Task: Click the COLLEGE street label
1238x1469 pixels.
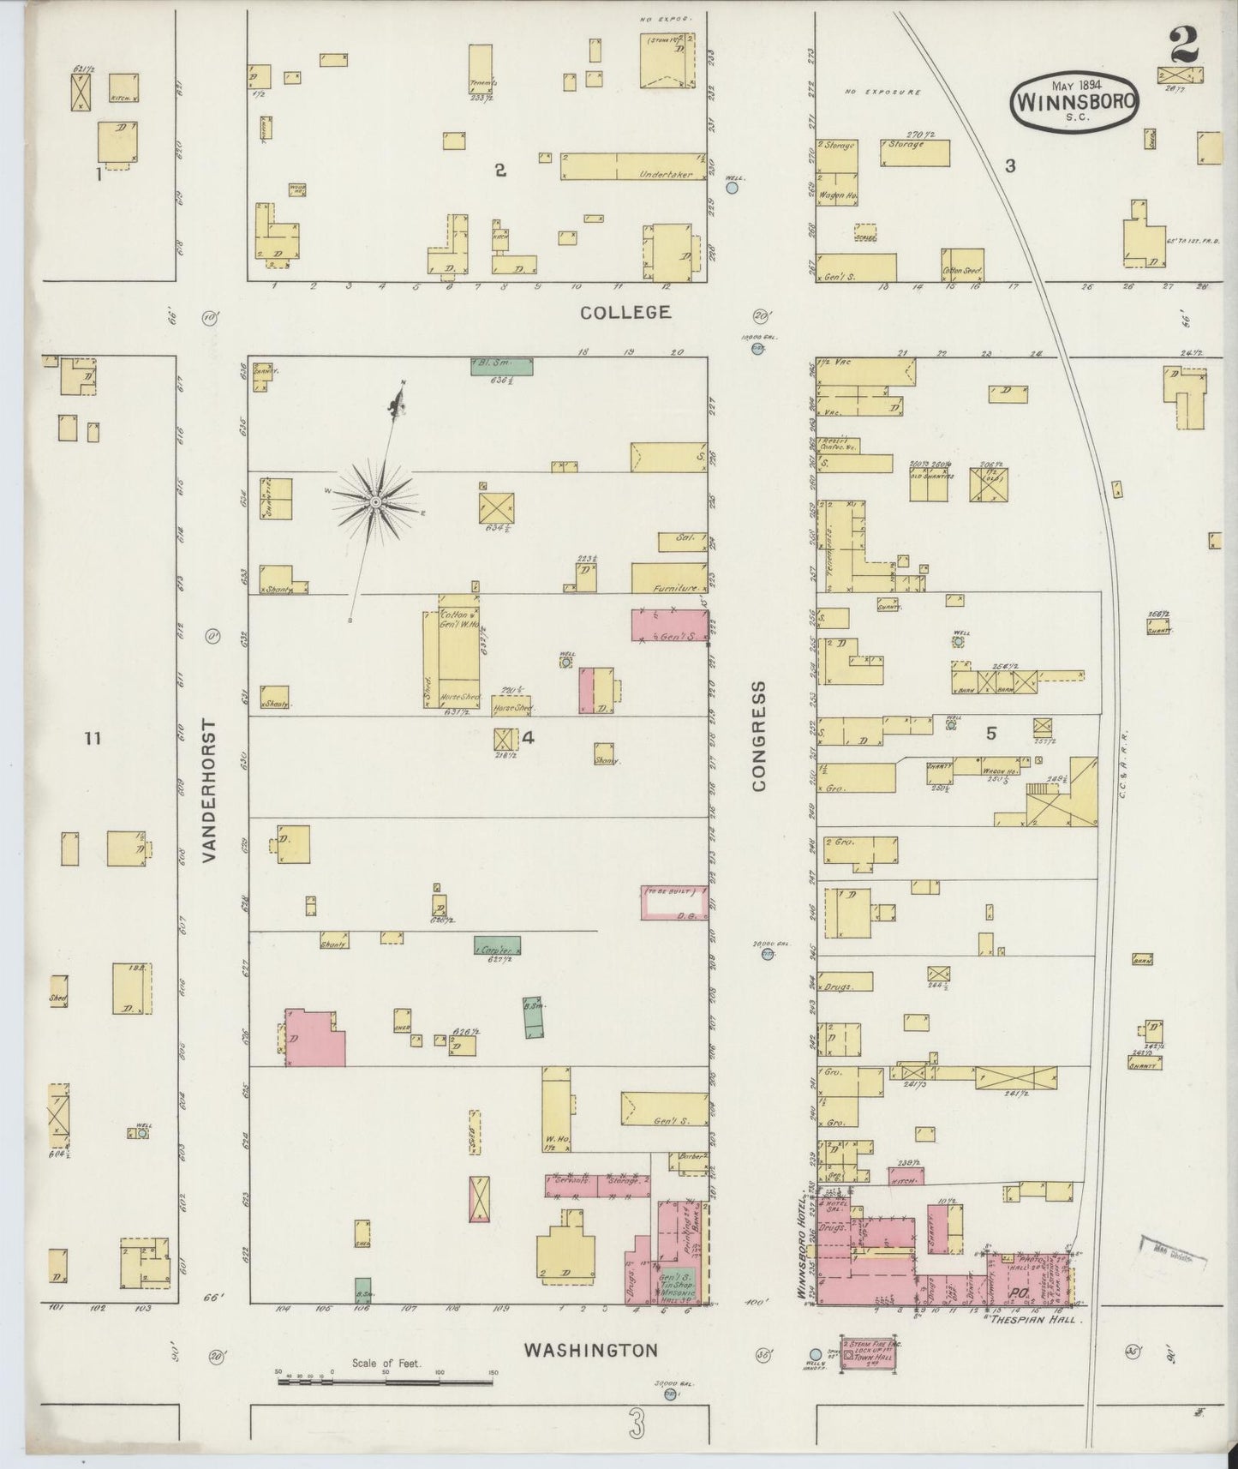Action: tap(625, 313)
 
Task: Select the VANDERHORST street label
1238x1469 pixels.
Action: tap(211, 789)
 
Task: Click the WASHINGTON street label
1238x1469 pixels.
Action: tap(591, 1351)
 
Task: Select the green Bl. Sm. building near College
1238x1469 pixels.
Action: tap(502, 366)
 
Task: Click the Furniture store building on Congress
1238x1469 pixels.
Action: tap(669, 578)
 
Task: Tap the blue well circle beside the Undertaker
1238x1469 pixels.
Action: tap(733, 186)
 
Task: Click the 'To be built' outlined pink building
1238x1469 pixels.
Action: tap(675, 902)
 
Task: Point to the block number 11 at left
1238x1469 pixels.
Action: tap(93, 738)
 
